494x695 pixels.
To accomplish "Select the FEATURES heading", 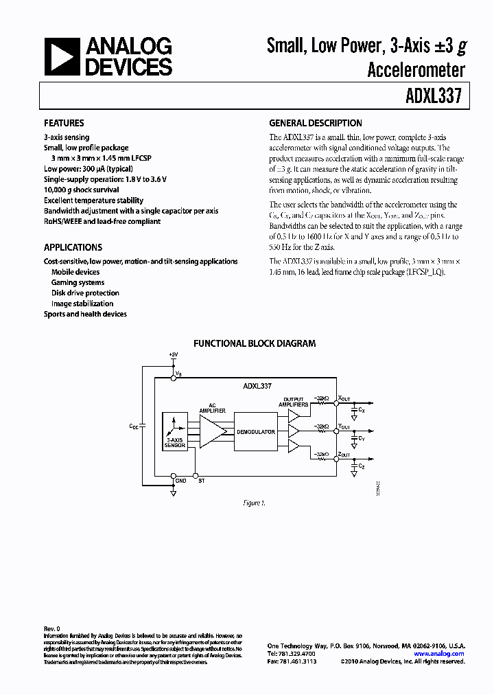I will pos(64,124).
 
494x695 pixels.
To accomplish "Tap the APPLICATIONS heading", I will pos(73,247).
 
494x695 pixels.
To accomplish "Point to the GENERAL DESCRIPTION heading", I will pos(315,124).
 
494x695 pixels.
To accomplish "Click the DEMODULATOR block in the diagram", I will pos(255,432).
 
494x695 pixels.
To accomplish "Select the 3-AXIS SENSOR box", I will pos(176,432).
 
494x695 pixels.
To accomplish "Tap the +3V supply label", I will pos(172,354).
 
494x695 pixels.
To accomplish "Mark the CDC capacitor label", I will pos(133,426).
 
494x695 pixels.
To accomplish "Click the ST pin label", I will pos(201,480).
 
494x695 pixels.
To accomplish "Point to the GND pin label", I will pos(180,480).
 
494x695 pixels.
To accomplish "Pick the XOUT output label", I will pos(344,398).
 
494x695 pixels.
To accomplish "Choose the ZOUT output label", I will pos(344,455).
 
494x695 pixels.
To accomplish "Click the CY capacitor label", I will pos(362,437).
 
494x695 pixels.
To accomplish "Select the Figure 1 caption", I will pos(254,503).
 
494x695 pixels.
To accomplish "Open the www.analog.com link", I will pos(438,654).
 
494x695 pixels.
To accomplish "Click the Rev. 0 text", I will pos(52,628).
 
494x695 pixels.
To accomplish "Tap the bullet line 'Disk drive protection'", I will pos(85,293).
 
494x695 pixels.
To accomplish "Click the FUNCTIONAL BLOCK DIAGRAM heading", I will pos(254,343).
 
